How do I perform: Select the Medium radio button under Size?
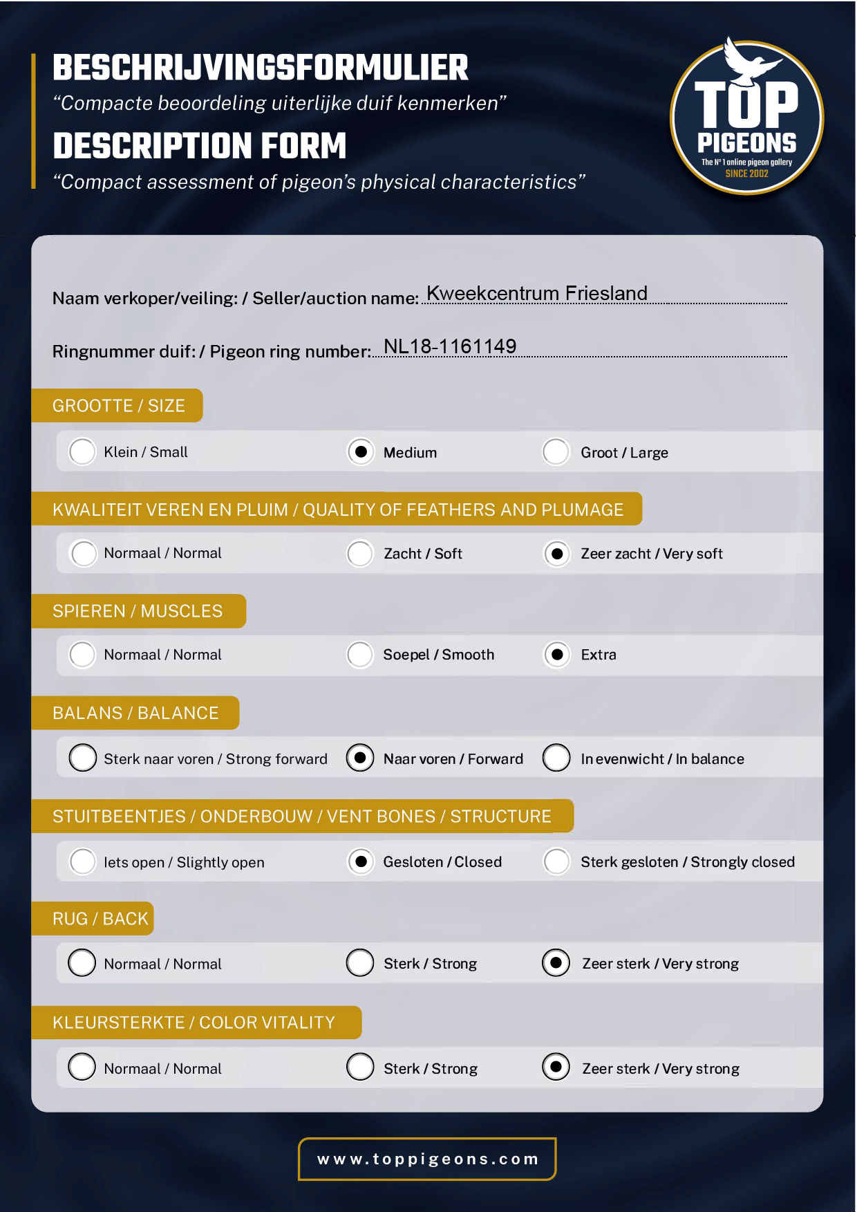pos(360,452)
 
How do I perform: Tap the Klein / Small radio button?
pos(82,452)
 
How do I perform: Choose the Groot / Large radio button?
pos(556,452)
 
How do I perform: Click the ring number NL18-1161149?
pos(450,346)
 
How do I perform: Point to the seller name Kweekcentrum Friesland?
pos(537,293)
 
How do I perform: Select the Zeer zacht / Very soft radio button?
pos(556,554)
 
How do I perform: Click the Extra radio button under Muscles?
pos(556,655)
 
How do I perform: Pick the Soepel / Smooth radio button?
pos(360,655)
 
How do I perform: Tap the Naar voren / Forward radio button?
pos(360,758)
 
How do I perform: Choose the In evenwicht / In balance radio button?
pos(556,758)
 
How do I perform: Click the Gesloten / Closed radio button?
pos(360,861)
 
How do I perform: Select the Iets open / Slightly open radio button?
pos(82,861)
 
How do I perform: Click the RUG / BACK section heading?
pos(100,919)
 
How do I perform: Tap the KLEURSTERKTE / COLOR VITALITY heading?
pos(194,1023)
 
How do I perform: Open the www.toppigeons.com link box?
pos(427,1159)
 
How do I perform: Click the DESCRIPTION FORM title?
pos(200,147)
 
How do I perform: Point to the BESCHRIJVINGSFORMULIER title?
pos(261,68)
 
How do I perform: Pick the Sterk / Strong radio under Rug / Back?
pos(360,962)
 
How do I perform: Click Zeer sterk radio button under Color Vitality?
pos(556,1067)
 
